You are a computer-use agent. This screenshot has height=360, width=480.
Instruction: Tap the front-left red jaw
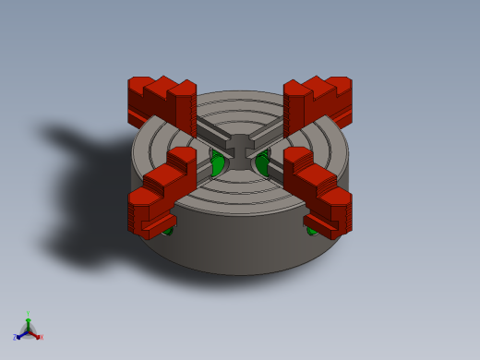coord(162,189)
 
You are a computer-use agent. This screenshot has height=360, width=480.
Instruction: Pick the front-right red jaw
coord(318,189)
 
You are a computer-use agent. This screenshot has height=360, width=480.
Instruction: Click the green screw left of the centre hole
coord(218,164)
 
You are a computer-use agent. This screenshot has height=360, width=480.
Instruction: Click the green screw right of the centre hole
coord(261,164)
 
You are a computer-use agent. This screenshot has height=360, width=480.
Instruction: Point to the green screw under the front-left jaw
coord(166,229)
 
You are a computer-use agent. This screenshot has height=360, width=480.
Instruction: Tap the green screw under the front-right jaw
coord(313,229)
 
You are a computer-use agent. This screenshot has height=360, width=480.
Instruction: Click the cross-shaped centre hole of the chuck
coord(240,150)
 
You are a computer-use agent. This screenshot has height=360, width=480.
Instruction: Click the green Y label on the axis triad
coord(28,315)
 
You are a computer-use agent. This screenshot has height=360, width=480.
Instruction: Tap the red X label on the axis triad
coord(41,338)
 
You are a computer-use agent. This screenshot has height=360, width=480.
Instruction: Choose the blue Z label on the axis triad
coord(15,338)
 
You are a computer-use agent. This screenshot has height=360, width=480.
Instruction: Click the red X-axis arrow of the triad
coord(34,334)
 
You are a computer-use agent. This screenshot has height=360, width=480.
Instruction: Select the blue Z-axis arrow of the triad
coord(21,334)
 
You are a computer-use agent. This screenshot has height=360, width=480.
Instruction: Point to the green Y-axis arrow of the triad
coord(28,323)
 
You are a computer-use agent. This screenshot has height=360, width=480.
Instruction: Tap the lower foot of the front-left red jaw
coord(160,223)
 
